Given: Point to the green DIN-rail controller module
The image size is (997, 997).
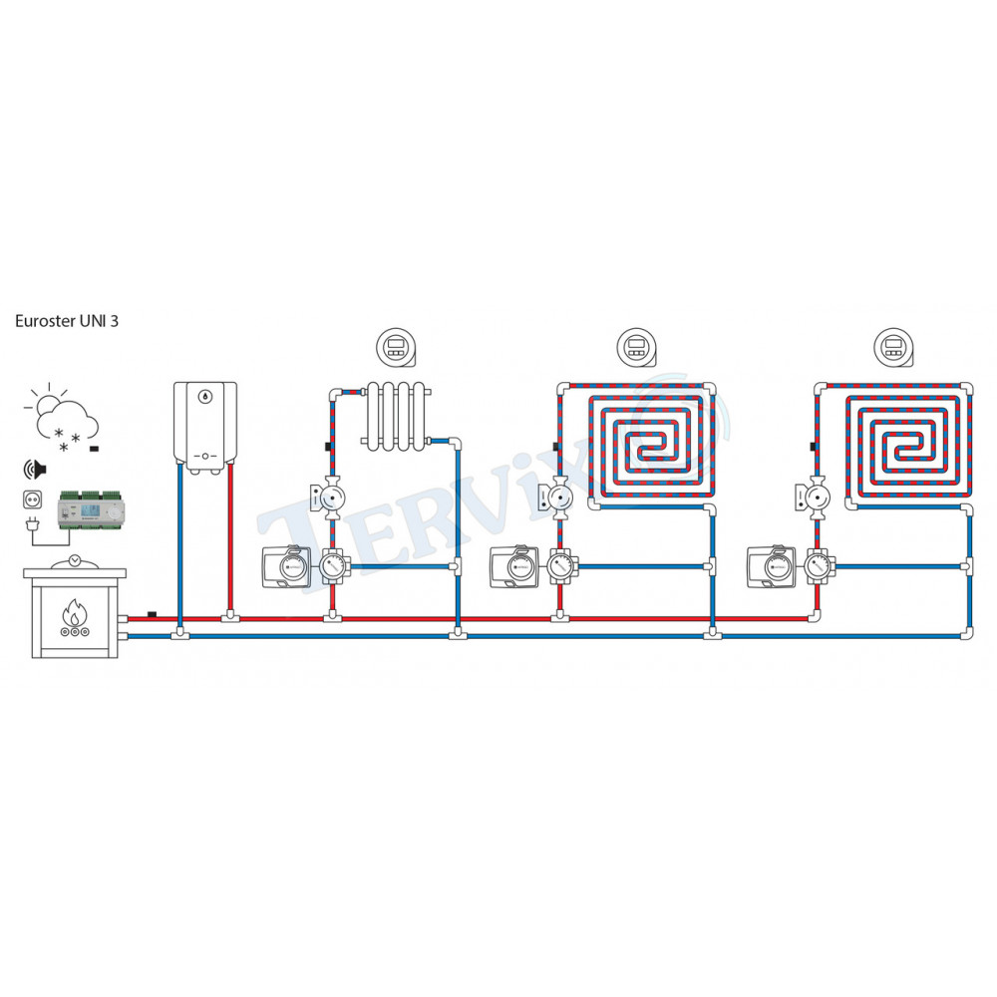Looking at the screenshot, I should point(89,507).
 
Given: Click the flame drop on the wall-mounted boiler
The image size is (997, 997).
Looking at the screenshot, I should point(205,396).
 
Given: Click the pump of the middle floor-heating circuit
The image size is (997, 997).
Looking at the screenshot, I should point(559,496).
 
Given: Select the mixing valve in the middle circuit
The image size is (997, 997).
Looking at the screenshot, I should point(559,568).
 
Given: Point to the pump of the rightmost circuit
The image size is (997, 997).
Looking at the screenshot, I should point(817,496).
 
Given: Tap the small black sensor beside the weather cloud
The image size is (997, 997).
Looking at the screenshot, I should point(94,450).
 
